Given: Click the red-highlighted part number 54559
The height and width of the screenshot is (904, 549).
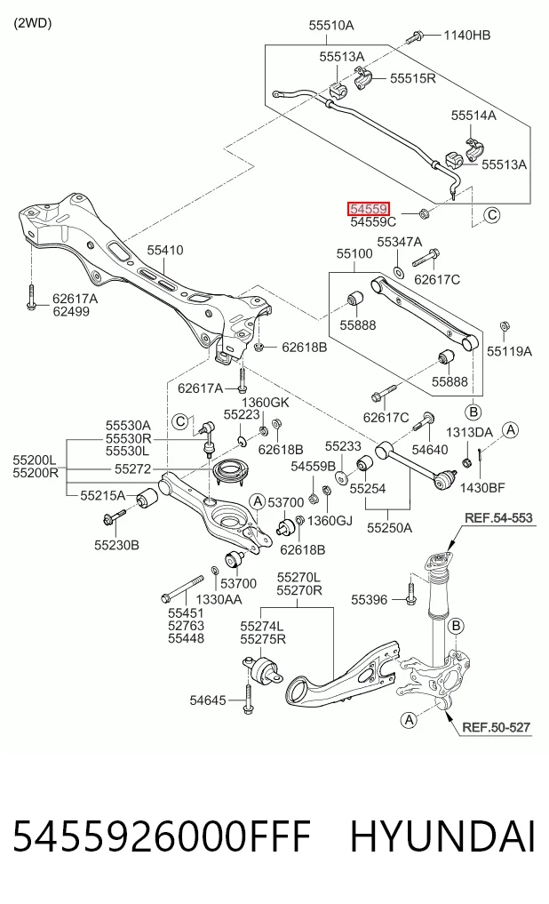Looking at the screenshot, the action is [x=369, y=209].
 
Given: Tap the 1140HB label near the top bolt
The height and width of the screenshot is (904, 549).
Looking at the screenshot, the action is [x=466, y=36].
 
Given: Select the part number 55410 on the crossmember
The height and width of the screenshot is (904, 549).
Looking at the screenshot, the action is [x=164, y=250].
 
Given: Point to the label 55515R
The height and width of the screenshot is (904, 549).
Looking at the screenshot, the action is [x=413, y=78].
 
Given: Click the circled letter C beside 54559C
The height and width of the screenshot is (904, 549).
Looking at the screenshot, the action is [x=491, y=215].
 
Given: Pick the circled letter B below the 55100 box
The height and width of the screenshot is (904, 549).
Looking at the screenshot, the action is [x=473, y=412].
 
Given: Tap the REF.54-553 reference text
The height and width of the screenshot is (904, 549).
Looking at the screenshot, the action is [x=498, y=517].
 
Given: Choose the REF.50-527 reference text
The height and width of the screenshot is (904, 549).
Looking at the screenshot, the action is [x=496, y=727].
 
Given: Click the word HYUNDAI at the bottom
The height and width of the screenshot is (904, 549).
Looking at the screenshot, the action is [x=442, y=836].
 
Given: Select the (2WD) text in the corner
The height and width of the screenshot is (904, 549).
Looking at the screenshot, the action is [x=32, y=23].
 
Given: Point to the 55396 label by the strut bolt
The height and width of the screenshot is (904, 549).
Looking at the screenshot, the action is [x=370, y=600].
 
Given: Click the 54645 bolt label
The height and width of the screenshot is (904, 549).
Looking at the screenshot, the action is [x=208, y=700].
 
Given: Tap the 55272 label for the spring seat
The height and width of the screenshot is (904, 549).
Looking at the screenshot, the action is [x=132, y=469].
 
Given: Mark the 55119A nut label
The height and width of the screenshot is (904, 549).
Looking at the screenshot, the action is [x=509, y=351].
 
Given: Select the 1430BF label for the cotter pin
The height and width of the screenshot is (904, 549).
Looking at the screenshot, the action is [x=482, y=488].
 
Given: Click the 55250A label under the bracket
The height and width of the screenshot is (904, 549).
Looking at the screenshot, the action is [x=389, y=527].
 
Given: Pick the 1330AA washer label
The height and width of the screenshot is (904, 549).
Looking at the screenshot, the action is [x=219, y=600].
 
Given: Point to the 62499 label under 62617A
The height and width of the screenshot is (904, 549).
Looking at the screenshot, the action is [x=71, y=311].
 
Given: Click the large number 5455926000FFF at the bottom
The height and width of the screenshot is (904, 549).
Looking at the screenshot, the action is [x=162, y=836].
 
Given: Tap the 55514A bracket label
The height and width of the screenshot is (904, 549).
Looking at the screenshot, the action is [x=473, y=116].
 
